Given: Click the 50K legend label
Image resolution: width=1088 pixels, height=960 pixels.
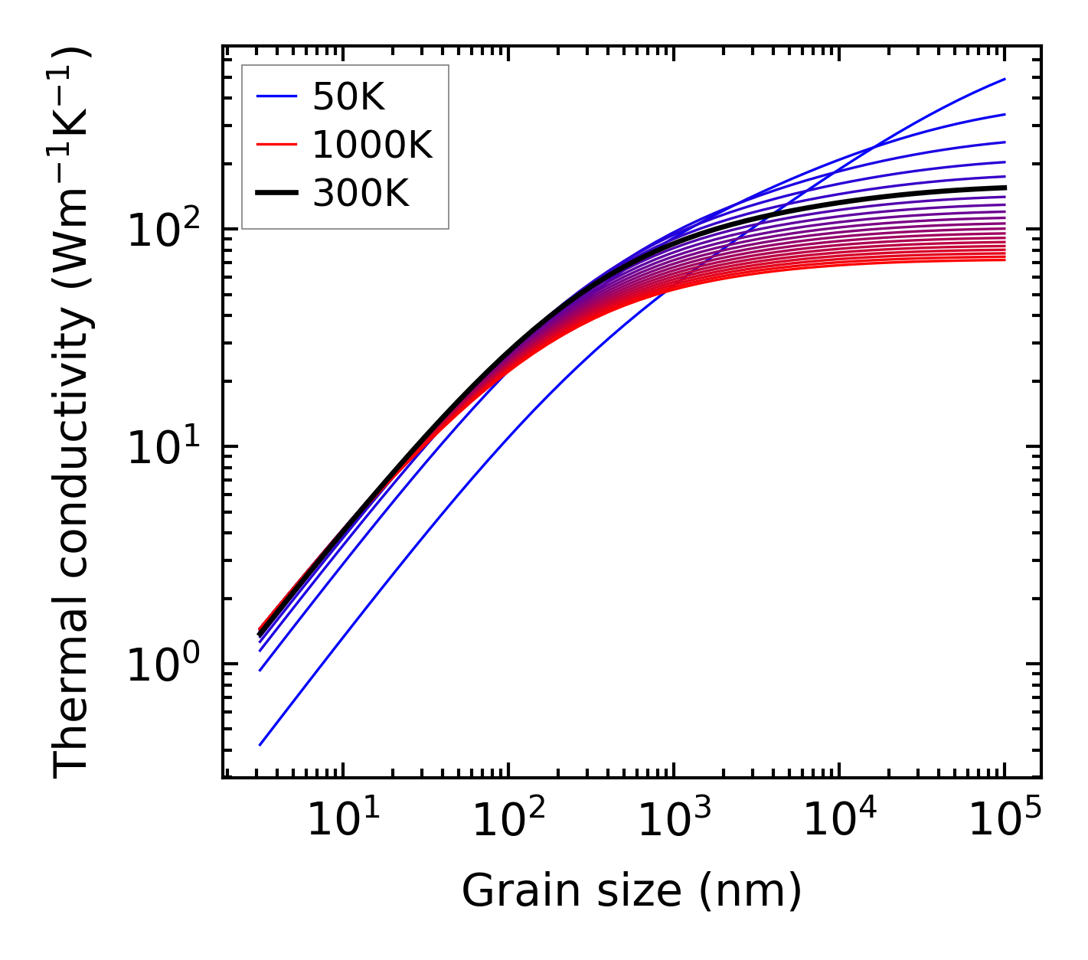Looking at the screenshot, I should click(x=348, y=96).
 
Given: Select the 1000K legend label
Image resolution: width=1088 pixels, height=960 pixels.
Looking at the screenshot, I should click(x=372, y=145).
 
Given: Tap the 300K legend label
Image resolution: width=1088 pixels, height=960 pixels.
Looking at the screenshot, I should click(x=361, y=194).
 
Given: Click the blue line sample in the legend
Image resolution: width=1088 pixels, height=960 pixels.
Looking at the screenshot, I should click(x=276, y=96).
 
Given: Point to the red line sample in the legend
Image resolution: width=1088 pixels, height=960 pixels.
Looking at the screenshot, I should click(x=276, y=145).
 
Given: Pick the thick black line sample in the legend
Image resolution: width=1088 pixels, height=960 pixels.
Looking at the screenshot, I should click(x=276, y=194).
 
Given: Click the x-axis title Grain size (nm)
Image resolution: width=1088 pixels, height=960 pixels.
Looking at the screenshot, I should click(x=632, y=891).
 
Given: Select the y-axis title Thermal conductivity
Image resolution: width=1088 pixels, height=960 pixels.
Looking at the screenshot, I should click(x=73, y=413).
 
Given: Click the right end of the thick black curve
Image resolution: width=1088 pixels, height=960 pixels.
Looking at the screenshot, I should click(x=1004, y=188).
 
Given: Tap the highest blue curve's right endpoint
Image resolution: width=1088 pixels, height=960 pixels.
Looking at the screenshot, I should click(x=1004, y=79).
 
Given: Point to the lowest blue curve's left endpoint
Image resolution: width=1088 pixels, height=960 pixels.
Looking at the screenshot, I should click(x=260, y=744).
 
